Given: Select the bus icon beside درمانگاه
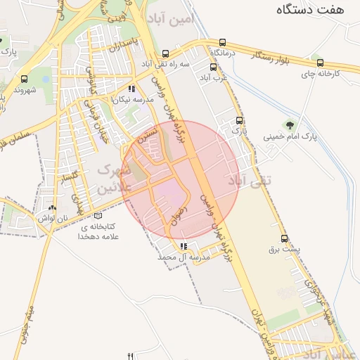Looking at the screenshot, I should coord(223,42).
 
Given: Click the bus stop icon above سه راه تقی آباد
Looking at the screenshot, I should coord(166,53).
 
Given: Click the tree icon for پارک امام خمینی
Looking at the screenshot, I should coord(289,125).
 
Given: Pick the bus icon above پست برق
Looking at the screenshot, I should coord(285,238).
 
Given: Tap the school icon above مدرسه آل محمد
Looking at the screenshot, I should coord(184,247).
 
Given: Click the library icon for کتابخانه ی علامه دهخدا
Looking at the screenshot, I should coord(97,216).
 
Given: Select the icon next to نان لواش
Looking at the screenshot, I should coord(53,208).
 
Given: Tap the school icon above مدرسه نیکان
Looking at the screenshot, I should coord(131,89).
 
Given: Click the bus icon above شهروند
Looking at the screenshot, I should coord(25,79).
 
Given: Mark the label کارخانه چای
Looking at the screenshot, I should coord(321,73).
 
